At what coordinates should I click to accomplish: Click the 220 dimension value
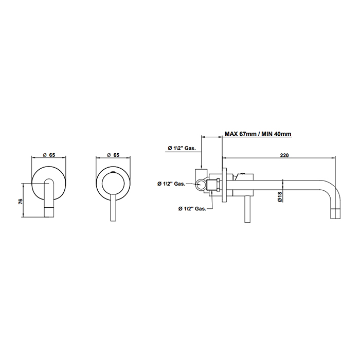point(284,155)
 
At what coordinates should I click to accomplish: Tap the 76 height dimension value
point(21,202)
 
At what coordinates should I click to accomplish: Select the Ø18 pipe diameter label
point(279,197)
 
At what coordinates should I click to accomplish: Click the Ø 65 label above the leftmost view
point(49,155)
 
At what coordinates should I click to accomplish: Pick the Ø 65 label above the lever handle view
point(113,155)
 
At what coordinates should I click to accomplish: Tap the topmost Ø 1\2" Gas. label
point(182,148)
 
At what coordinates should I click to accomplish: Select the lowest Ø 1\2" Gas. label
point(192,208)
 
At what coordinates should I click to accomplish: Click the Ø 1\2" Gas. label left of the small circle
point(171,184)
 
